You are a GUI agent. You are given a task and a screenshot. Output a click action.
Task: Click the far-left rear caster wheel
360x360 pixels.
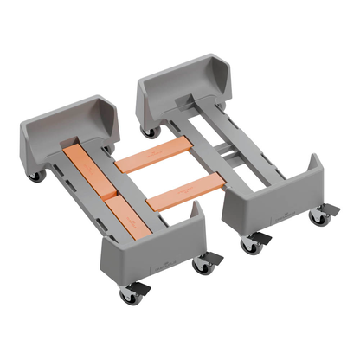36,176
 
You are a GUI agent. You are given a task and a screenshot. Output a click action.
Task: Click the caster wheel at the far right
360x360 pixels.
319,217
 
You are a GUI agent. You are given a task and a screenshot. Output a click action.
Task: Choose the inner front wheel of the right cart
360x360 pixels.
251,246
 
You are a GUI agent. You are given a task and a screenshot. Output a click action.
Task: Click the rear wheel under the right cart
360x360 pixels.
151,132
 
